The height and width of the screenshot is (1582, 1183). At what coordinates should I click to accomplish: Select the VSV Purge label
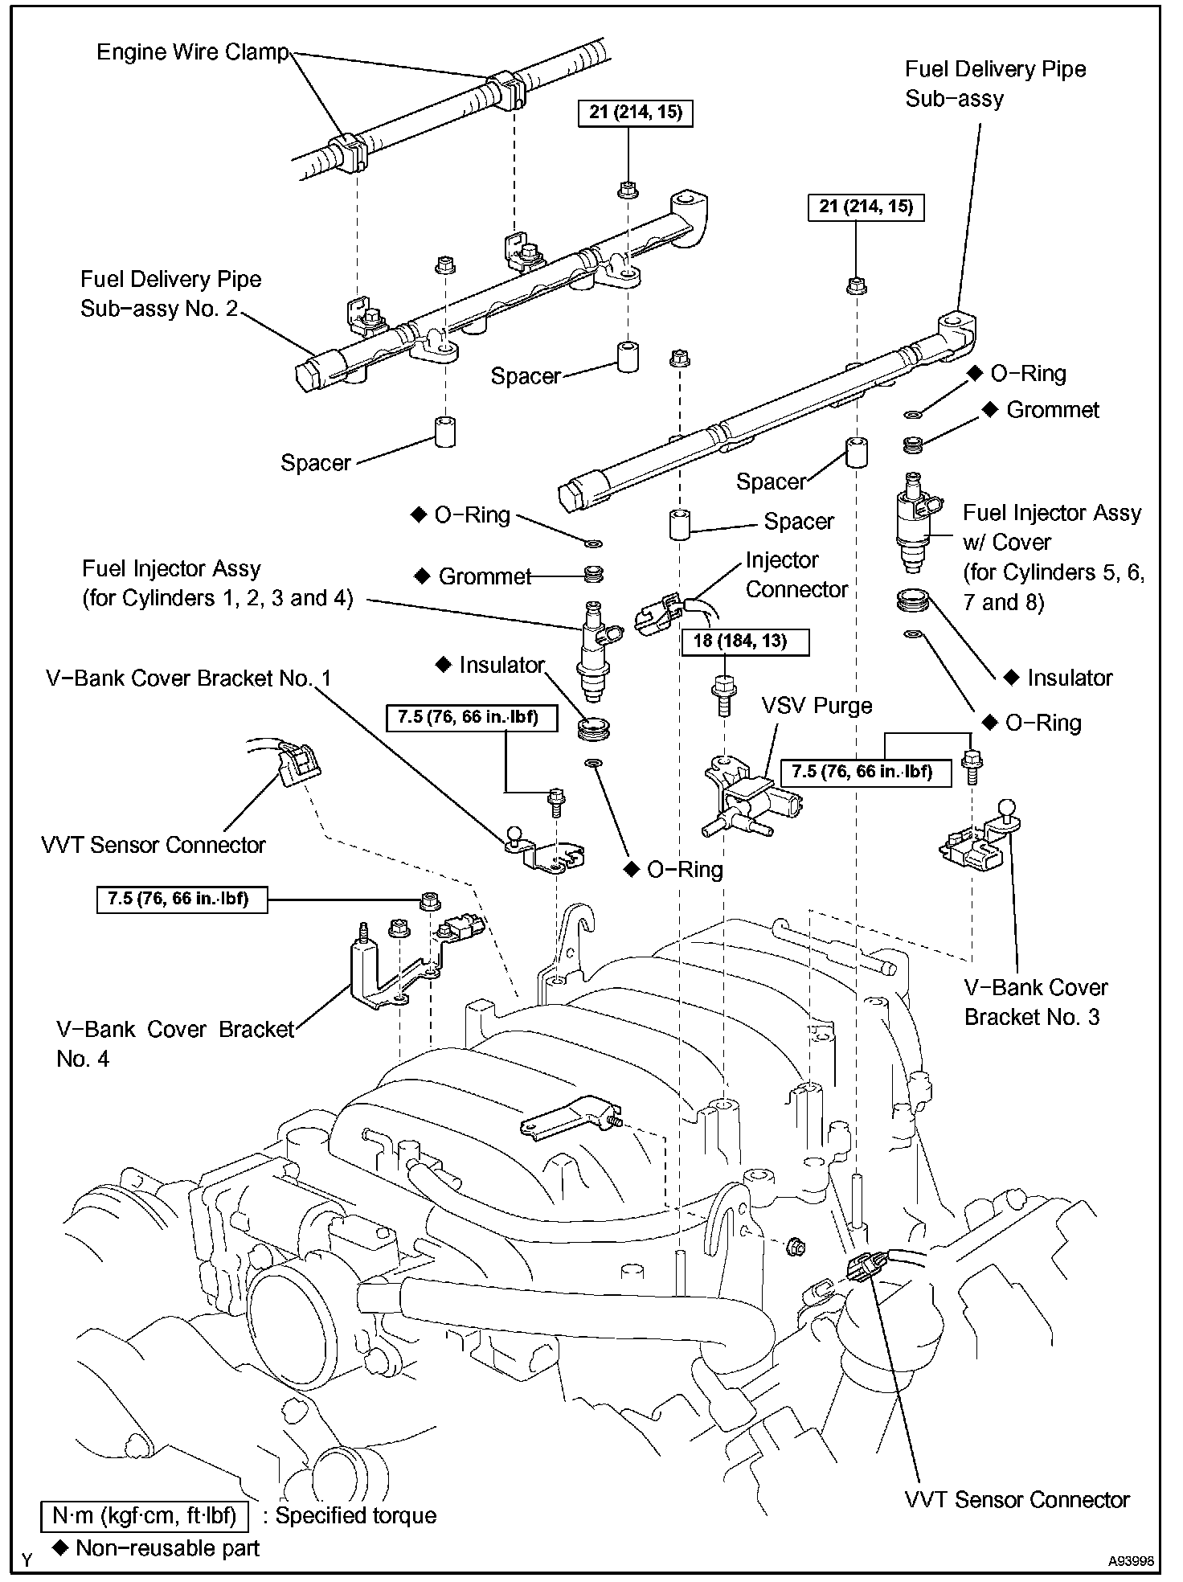817,706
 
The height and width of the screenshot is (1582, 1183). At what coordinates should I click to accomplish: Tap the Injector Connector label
796,575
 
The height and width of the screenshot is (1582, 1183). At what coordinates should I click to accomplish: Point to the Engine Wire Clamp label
192,52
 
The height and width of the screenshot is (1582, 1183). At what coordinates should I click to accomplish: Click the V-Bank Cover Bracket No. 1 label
189,678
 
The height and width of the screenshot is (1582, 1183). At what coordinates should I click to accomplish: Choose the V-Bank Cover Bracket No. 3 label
1035,1002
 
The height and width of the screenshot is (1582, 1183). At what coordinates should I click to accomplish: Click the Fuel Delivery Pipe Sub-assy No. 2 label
170,294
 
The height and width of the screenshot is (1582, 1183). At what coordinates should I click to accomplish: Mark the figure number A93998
1131,1561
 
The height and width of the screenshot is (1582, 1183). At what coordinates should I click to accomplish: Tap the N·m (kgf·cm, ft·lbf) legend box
145,1515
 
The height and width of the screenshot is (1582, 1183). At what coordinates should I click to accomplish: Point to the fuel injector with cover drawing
917,521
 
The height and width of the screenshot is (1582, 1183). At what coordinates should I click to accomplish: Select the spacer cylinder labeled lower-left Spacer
444,431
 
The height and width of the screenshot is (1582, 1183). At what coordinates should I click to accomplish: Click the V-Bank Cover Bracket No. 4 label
175,1044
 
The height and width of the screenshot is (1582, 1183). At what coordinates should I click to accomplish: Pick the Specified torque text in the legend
355,1515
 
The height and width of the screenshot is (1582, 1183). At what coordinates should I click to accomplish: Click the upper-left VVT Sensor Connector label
153,845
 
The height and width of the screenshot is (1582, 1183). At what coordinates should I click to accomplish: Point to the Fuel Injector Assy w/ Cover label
1054,558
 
